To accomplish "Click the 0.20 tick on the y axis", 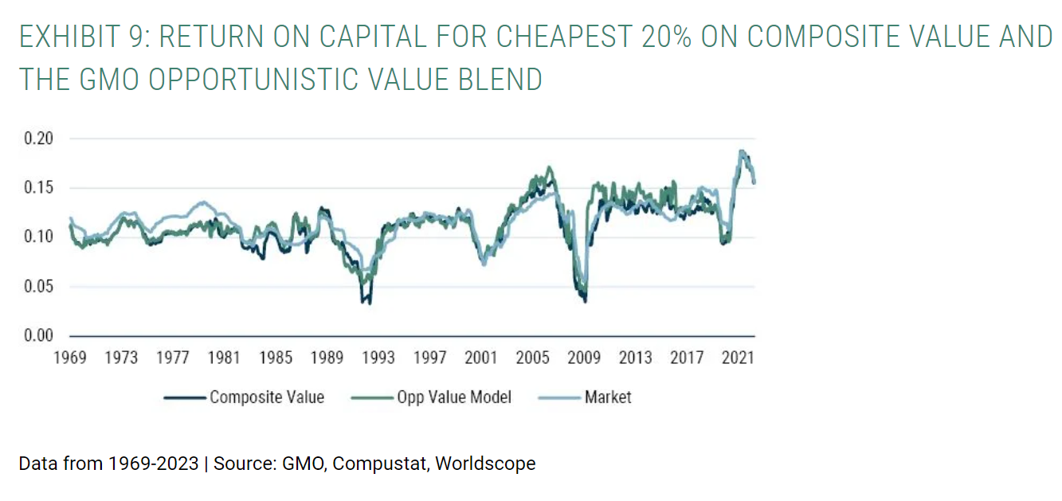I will pyautogui.click(x=37, y=139).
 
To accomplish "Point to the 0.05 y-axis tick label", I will pyautogui.click(x=37, y=286).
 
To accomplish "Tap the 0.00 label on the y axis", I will pyautogui.click(x=37, y=335).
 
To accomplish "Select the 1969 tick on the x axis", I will pyautogui.click(x=70, y=358).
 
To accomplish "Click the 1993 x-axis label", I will pyautogui.click(x=378, y=358).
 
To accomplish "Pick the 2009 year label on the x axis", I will pyautogui.click(x=584, y=358).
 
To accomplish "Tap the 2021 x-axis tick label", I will pyautogui.click(x=739, y=358).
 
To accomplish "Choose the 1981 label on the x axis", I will pyautogui.click(x=224, y=358).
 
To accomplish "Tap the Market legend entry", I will pyautogui.click(x=607, y=397).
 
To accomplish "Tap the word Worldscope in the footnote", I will pyautogui.click(x=485, y=464).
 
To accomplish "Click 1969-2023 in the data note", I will pyautogui.click(x=151, y=464).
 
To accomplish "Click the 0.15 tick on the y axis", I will pyautogui.click(x=37, y=188).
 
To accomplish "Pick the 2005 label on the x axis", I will pyautogui.click(x=532, y=358).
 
